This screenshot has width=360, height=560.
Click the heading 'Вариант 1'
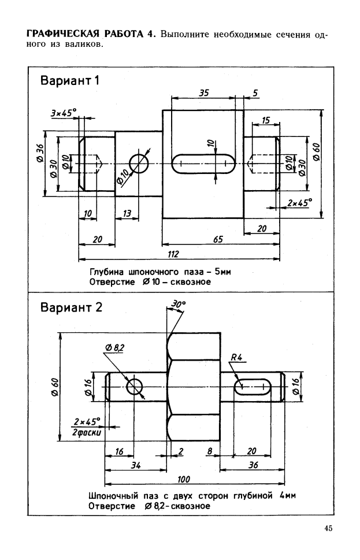70,80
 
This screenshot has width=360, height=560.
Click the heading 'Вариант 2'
72,307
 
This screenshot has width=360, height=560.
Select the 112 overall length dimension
173,254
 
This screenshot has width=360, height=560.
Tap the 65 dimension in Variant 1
218,239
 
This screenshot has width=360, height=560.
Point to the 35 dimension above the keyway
203,93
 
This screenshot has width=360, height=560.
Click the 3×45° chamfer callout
64,113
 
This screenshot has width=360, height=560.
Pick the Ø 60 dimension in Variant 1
316,152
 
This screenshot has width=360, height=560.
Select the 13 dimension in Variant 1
127,214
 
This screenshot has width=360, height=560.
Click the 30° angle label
179,304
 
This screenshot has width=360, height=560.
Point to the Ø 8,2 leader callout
114,347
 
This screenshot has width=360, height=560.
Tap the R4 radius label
236,357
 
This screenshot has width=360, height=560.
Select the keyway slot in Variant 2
253,387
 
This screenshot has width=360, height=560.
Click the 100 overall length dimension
184,479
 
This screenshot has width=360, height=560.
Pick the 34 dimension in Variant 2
136,465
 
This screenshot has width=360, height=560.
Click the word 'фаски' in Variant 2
90,432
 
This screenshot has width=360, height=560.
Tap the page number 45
329,528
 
